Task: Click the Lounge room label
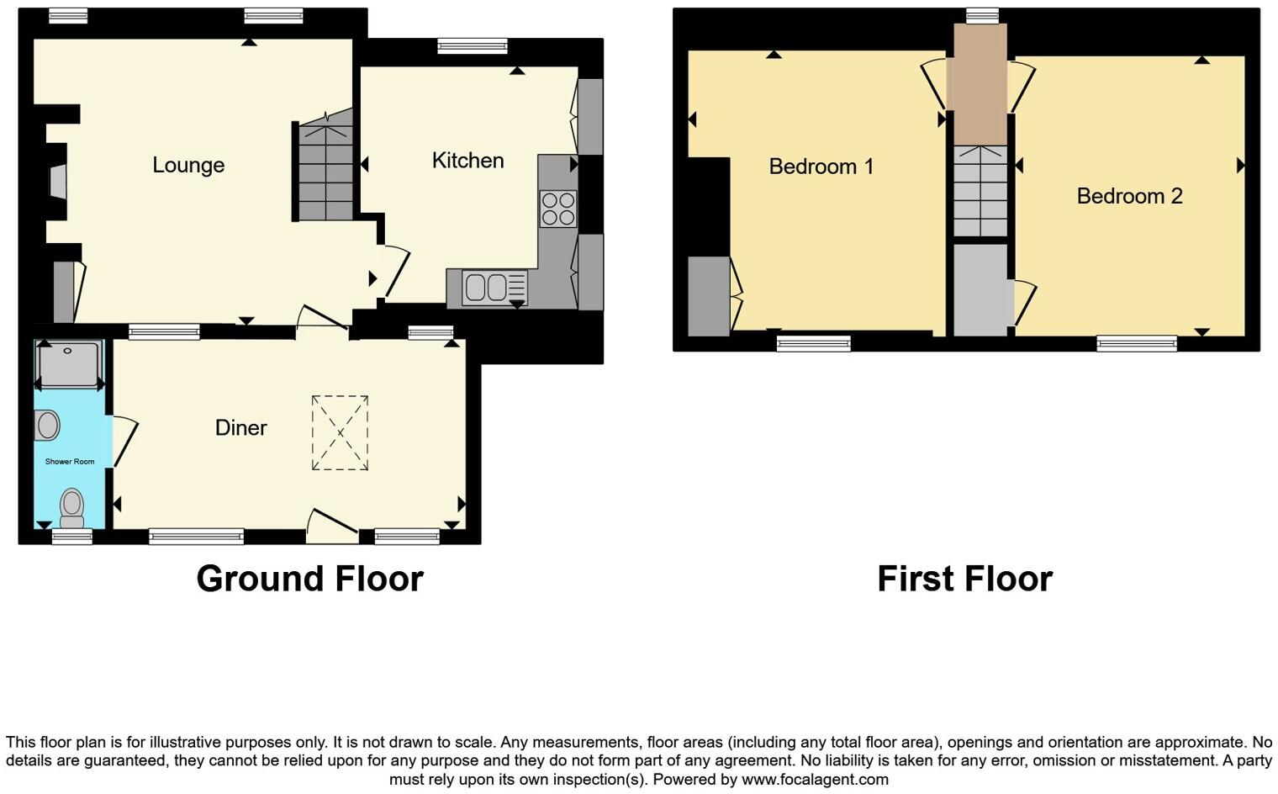(x=188, y=165)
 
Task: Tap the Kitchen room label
(x=467, y=161)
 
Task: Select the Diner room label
(x=241, y=428)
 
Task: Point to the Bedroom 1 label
(x=821, y=167)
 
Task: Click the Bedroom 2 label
(x=1129, y=196)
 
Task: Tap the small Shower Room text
(x=70, y=462)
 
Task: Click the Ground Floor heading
(x=309, y=579)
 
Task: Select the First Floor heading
(x=964, y=579)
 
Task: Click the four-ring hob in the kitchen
(x=558, y=209)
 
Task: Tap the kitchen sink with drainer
(x=494, y=287)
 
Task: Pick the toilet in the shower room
(x=72, y=507)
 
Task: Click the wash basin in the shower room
(x=47, y=426)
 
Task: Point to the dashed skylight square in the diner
(x=340, y=433)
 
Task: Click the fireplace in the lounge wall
(x=57, y=182)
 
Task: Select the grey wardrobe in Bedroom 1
(x=709, y=296)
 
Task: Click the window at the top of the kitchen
(x=473, y=46)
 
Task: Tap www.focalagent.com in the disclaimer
(x=815, y=779)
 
